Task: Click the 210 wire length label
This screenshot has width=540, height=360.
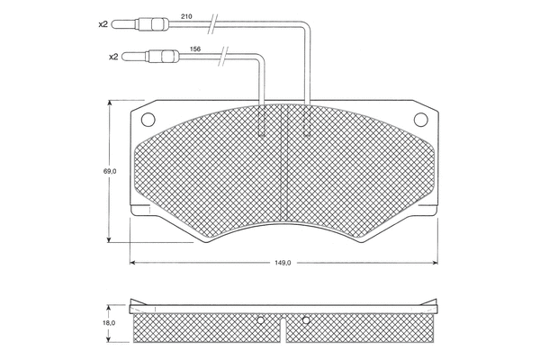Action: [186, 15]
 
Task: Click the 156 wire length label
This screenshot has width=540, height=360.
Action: [195, 49]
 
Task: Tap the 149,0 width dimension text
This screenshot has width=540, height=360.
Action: [283, 263]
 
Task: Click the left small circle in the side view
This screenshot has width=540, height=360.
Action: [259, 319]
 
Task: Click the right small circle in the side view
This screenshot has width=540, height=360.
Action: [306, 319]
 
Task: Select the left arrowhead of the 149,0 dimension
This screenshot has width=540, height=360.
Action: [135, 263]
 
